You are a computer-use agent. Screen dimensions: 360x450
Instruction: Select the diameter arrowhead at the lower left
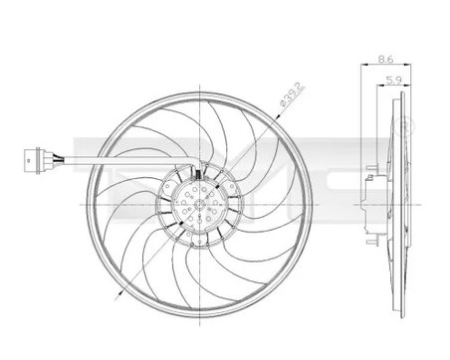tap(119, 295)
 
